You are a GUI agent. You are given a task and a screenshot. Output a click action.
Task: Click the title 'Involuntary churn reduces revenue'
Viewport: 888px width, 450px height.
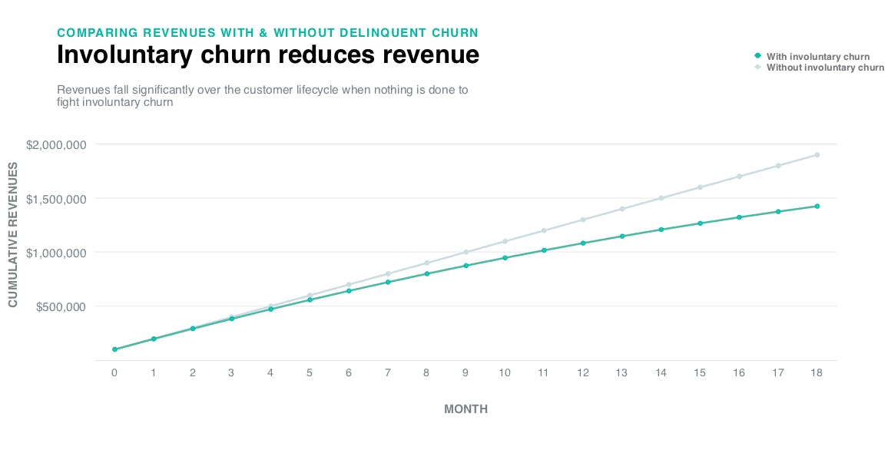coord(268,56)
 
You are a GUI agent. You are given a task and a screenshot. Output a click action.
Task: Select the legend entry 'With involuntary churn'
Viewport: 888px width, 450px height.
coord(817,57)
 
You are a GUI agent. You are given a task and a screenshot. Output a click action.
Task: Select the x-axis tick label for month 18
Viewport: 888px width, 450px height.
coord(817,372)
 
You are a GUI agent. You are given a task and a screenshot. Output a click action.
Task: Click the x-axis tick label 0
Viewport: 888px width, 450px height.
coord(114,372)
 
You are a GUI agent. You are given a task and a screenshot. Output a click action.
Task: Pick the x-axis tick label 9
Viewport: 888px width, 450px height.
coord(466,372)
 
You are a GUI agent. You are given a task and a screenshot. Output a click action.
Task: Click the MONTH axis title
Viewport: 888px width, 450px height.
coord(466,409)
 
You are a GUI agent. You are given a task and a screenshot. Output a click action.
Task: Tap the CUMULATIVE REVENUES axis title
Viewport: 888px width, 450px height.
coord(13,233)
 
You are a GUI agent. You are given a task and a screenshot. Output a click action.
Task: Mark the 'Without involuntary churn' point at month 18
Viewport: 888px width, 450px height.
coord(817,154)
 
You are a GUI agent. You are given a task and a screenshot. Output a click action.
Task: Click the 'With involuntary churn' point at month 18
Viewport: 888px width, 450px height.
coord(817,206)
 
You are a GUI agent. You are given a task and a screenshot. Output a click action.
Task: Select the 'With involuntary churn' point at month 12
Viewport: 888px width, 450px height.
coord(583,243)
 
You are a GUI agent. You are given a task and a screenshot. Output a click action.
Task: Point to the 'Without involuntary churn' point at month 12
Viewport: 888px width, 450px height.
coord(583,220)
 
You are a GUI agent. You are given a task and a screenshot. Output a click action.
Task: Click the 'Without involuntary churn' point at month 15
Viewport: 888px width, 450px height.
coord(700,187)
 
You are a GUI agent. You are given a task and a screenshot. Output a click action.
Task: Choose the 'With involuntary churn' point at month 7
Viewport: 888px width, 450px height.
coord(388,282)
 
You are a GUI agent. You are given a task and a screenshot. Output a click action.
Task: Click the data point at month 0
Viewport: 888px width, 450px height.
coord(114,349)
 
